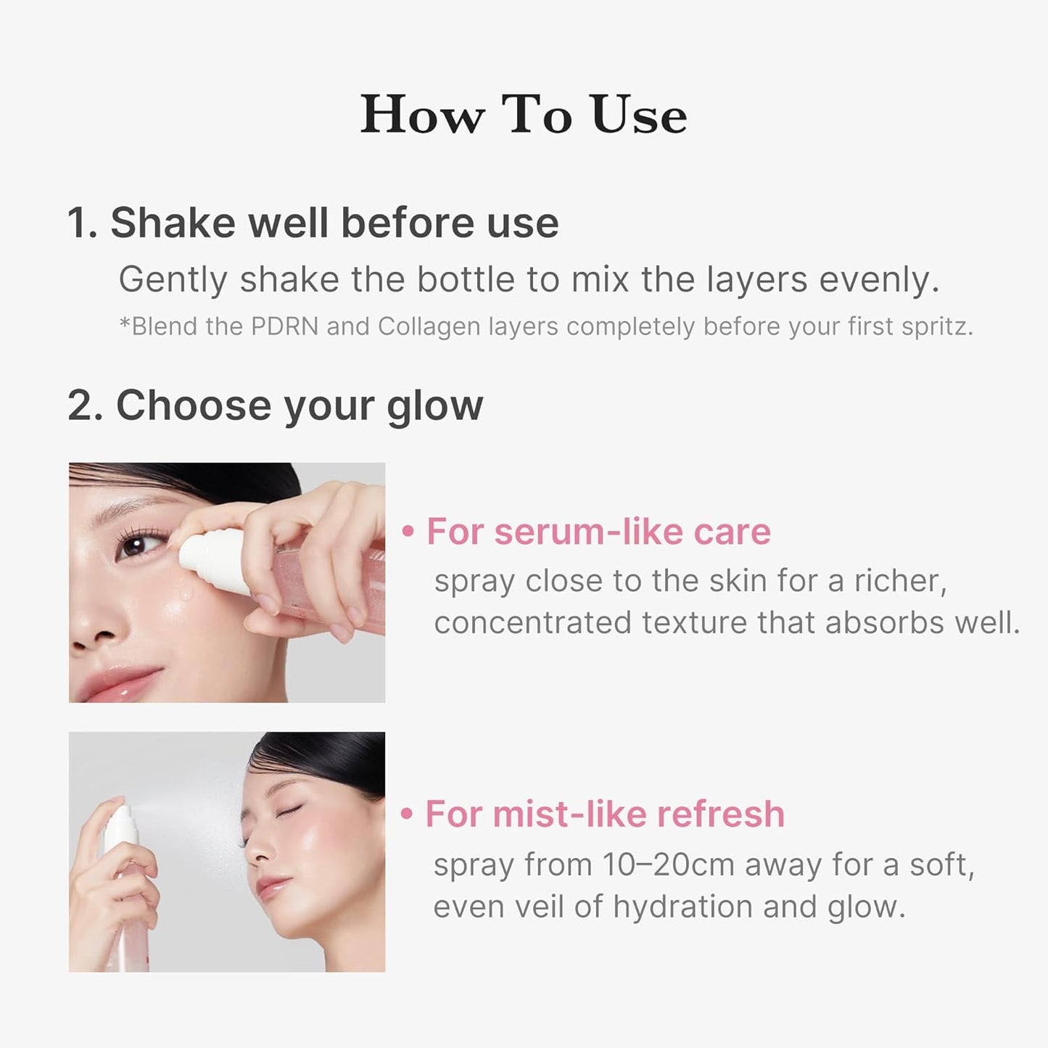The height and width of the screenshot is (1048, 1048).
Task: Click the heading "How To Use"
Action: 524,115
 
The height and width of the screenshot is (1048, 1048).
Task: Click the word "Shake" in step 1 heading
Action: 173,223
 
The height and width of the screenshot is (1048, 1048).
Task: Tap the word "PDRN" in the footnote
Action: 284,326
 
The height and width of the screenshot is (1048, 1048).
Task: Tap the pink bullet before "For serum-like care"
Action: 408,532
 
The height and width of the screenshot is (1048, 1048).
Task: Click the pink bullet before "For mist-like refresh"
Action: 407,814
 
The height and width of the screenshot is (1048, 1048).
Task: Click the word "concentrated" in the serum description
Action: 533,623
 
